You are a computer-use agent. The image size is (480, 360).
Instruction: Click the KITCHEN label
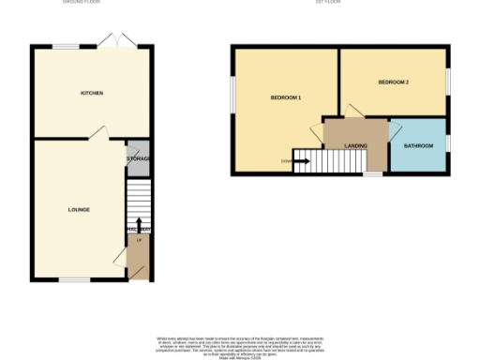pyautogui.click(x=91, y=93)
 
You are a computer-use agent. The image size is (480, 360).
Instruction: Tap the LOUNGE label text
pyautogui.click(x=79, y=209)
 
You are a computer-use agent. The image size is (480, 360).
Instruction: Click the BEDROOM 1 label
pyautogui.click(x=285, y=98)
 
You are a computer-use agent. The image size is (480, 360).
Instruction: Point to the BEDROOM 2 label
pyautogui.click(x=394, y=82)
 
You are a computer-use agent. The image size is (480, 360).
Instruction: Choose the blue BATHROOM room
pyautogui.click(x=418, y=146)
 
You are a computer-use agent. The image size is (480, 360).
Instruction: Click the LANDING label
pyautogui.click(x=355, y=146)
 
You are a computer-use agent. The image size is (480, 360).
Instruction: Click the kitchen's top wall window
pyautogui.click(x=66, y=46)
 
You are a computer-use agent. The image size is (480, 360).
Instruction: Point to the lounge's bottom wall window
pyautogui.click(x=75, y=279)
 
